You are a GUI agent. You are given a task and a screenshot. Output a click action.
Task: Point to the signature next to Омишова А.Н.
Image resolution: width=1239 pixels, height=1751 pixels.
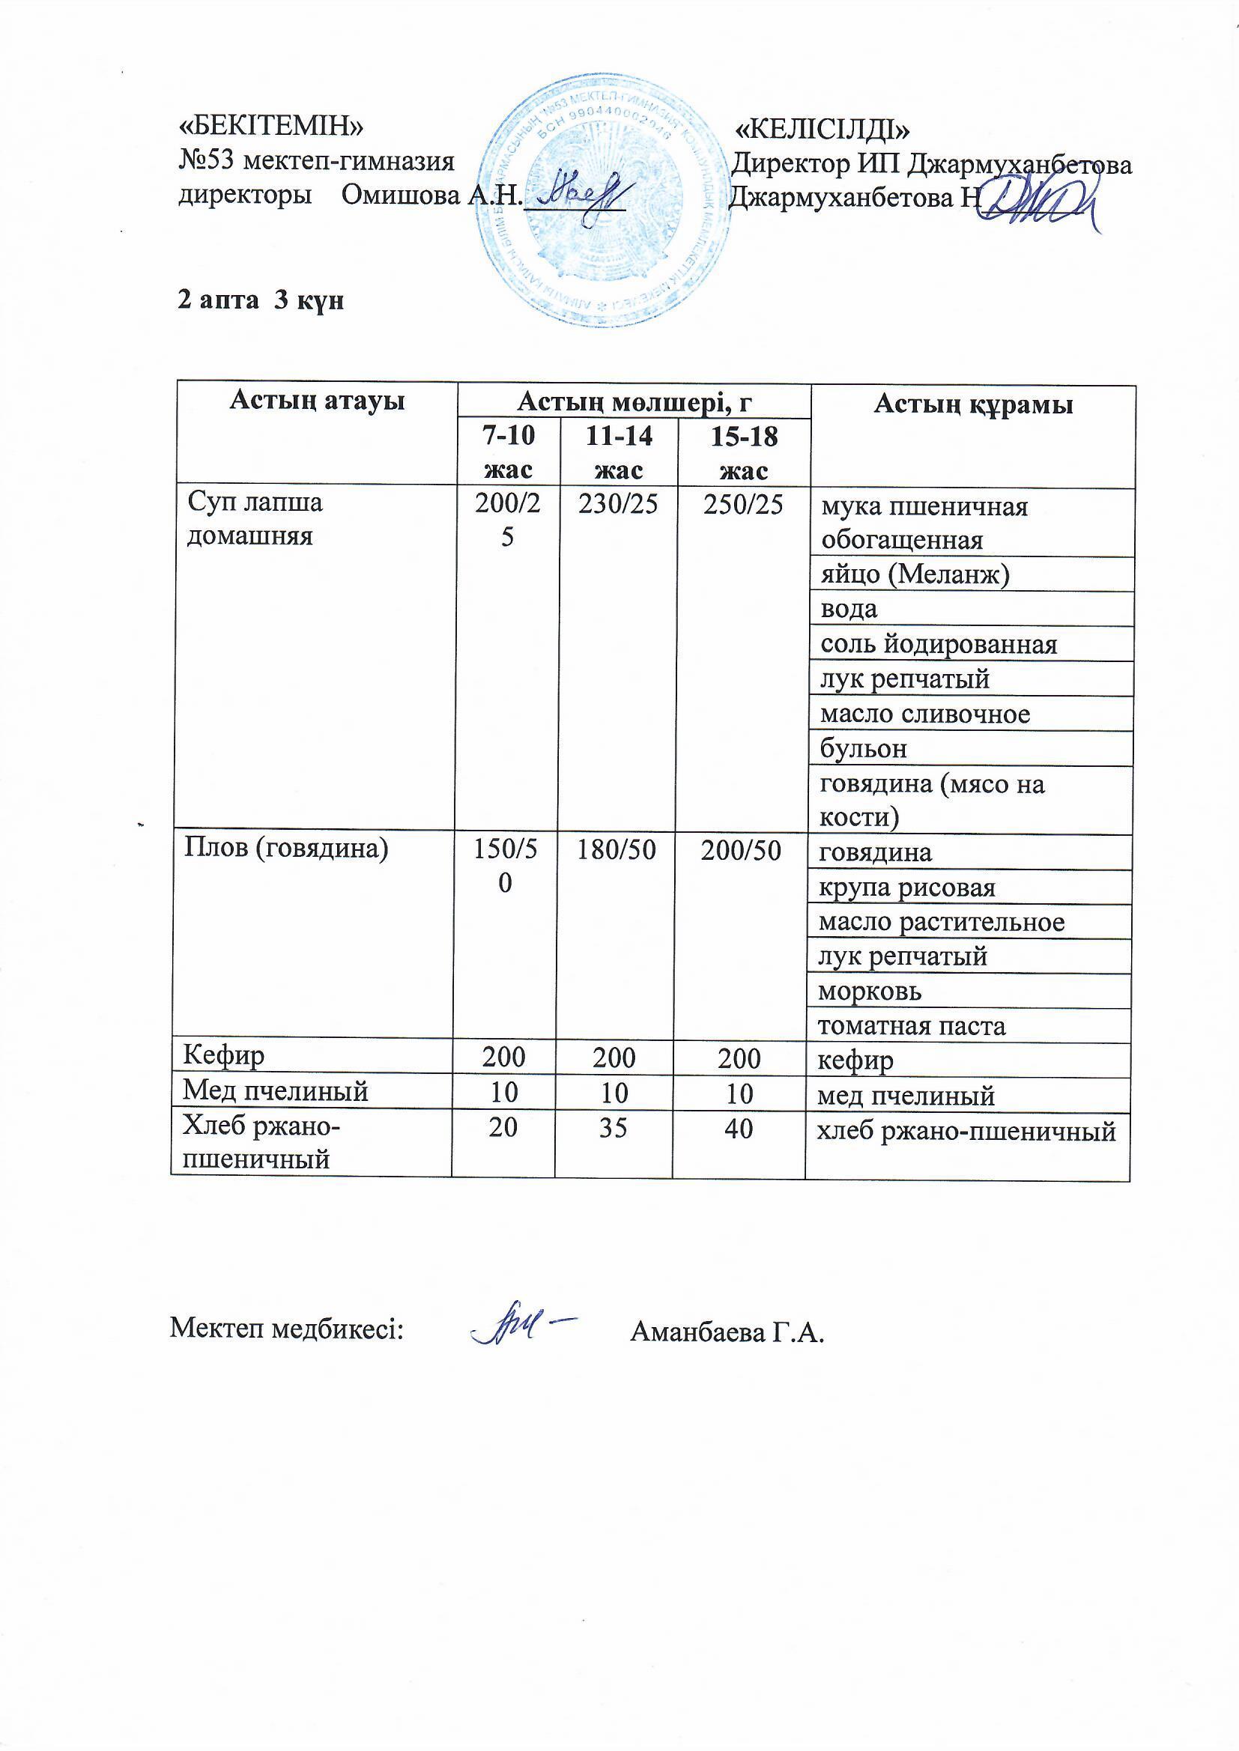(584, 194)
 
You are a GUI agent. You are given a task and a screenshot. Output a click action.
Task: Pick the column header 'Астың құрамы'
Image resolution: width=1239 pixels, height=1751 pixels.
(973, 404)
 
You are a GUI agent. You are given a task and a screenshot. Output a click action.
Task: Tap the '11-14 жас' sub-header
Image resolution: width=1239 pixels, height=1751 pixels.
(618, 453)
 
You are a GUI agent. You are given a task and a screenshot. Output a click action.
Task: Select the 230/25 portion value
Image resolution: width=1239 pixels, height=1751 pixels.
(618, 505)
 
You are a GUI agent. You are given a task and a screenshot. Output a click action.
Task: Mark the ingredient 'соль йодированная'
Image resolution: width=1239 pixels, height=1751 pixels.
(939, 644)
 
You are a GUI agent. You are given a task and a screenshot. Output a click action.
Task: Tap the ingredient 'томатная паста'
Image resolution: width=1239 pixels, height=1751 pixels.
(912, 1027)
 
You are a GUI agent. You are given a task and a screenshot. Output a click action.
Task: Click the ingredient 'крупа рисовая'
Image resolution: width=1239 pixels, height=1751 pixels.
(907, 887)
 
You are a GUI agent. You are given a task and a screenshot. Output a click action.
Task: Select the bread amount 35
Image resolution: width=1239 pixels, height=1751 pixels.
(614, 1128)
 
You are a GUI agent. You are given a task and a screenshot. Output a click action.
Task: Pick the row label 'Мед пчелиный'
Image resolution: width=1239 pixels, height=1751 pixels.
(275, 1091)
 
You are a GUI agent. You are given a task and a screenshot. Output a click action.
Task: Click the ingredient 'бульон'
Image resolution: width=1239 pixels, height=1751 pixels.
(864, 749)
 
